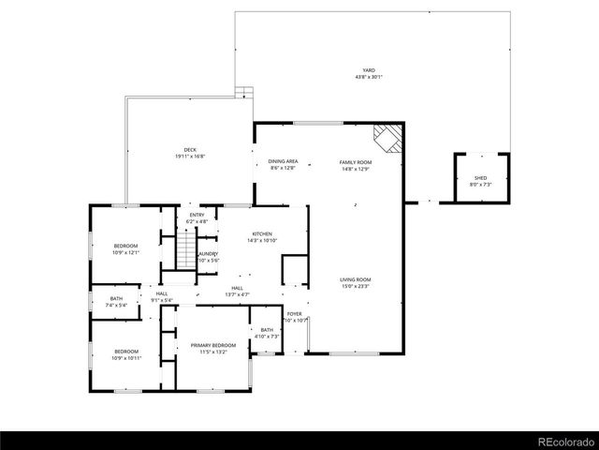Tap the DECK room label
[190, 150]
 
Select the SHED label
[480, 178]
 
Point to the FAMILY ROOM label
[355, 162]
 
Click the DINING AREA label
[283, 162]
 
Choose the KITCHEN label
[261, 234]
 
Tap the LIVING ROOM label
[355, 279]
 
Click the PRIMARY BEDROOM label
[213, 346]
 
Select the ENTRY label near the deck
[197, 215]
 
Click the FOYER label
[295, 314]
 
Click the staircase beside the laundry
[187, 250]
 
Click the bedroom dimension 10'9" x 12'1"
[125, 252]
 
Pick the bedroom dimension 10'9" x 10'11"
[125, 358]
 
